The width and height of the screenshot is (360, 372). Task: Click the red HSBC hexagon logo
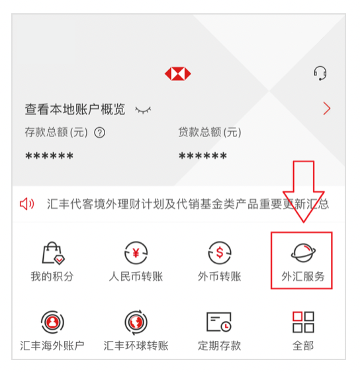coord(177,73)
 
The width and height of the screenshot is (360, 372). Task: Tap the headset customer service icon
coord(320,73)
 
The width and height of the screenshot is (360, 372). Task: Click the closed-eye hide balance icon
coord(143,110)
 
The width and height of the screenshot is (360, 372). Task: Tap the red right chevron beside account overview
coord(326,109)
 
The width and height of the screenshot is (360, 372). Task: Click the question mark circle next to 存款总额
coord(100,132)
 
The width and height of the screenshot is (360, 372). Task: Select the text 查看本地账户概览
coord(75,109)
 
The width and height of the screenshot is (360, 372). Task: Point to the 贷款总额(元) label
coord(210,132)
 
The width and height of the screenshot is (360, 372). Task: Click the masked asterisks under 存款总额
coord(50,157)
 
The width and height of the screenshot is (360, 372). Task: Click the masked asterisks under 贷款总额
coord(203,157)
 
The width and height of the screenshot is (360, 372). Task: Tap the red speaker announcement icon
coord(27,204)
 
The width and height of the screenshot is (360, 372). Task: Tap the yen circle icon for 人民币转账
coord(136,253)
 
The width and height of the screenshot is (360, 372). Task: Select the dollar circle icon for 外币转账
coord(220,253)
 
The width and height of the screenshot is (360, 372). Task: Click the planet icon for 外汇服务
coord(302,252)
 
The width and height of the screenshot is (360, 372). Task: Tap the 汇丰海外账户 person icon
coord(52,322)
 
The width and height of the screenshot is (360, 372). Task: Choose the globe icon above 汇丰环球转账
coord(136,322)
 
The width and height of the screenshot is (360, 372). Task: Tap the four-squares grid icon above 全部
coord(303,322)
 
